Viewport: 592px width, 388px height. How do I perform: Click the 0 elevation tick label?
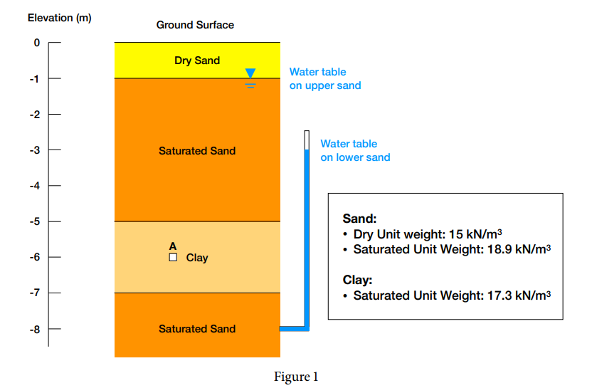click(x=36, y=43)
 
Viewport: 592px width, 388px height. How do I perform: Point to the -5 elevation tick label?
click(x=35, y=221)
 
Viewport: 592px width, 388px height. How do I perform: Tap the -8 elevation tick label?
click(x=35, y=330)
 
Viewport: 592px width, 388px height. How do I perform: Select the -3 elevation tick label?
click(x=35, y=150)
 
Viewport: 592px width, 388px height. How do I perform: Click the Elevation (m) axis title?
click(x=64, y=18)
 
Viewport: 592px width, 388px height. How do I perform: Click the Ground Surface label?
click(x=195, y=25)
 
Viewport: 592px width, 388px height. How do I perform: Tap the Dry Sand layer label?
click(x=197, y=61)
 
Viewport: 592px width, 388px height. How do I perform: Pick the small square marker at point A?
click(x=173, y=258)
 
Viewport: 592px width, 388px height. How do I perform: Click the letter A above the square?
click(x=173, y=246)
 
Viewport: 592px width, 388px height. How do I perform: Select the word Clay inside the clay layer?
click(x=197, y=258)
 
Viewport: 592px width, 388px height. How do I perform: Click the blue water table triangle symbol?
click(x=250, y=73)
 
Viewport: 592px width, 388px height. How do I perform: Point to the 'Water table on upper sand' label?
click(x=325, y=78)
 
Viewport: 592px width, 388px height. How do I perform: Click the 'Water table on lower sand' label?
click(x=355, y=150)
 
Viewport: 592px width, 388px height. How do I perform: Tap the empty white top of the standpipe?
click(x=307, y=140)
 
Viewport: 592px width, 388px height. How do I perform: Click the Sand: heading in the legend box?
click(x=359, y=219)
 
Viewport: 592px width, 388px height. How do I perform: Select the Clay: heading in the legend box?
click(x=357, y=280)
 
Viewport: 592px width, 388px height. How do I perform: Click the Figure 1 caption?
click(x=296, y=377)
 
